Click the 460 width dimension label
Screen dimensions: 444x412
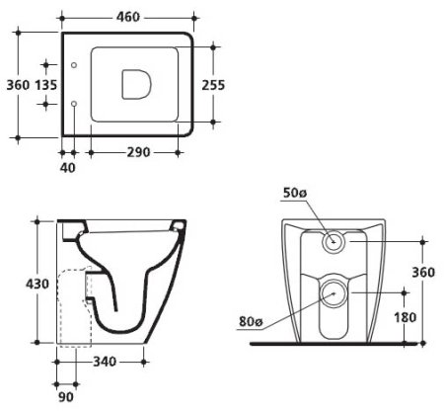pyautogui.click(x=128, y=17)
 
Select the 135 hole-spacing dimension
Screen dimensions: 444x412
pyautogui.click(x=46, y=85)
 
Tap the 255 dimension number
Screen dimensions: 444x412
pyautogui.click(x=213, y=85)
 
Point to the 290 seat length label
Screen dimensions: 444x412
pyautogui.click(x=138, y=152)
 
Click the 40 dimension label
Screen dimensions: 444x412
pyautogui.click(x=67, y=168)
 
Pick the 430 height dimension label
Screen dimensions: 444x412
pyautogui.click(x=37, y=284)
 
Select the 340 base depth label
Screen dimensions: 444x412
pyautogui.click(x=105, y=362)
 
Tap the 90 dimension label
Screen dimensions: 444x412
pyautogui.click(x=66, y=397)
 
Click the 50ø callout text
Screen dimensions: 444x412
pyautogui.click(x=295, y=193)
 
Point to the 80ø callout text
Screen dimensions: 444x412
pyautogui.click(x=251, y=321)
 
